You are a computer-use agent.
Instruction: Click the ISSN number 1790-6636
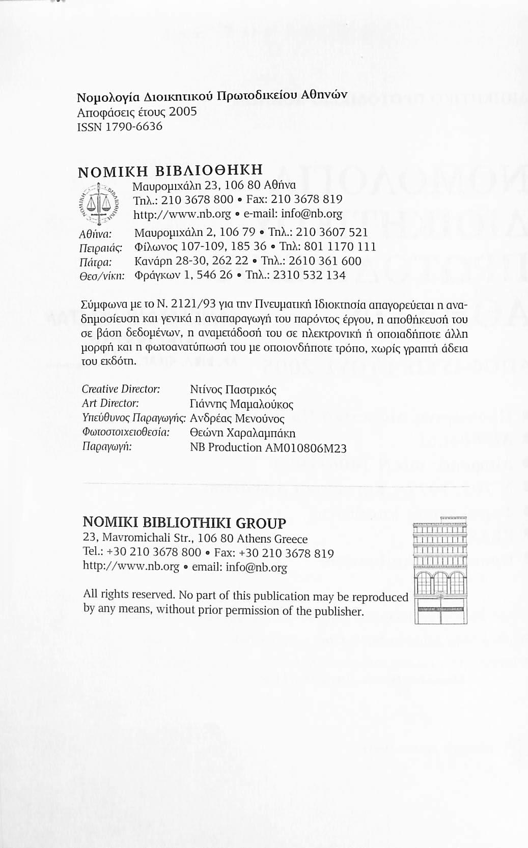(x=133, y=126)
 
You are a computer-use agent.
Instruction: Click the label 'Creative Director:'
(x=121, y=389)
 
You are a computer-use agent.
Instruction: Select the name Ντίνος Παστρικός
(x=233, y=390)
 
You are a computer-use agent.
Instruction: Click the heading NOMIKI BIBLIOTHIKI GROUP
(x=184, y=523)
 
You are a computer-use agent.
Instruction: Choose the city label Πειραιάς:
(x=103, y=247)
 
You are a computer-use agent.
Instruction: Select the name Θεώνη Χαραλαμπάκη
(x=242, y=434)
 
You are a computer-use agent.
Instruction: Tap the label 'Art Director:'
(x=110, y=404)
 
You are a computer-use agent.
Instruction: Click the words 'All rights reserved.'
(x=129, y=594)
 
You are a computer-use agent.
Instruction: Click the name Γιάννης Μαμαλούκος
(x=241, y=405)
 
